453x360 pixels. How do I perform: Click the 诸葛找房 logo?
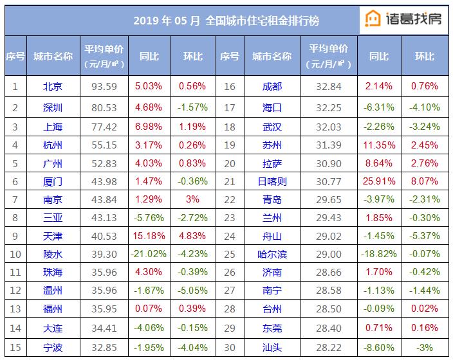tap(404, 19)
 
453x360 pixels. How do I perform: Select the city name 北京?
tap(52, 86)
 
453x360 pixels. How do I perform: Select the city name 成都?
tap(272, 86)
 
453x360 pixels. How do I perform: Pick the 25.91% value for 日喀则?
tap(378, 182)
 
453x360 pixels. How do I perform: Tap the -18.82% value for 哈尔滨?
tap(378, 255)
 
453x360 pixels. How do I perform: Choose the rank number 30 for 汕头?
tap(229, 348)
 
